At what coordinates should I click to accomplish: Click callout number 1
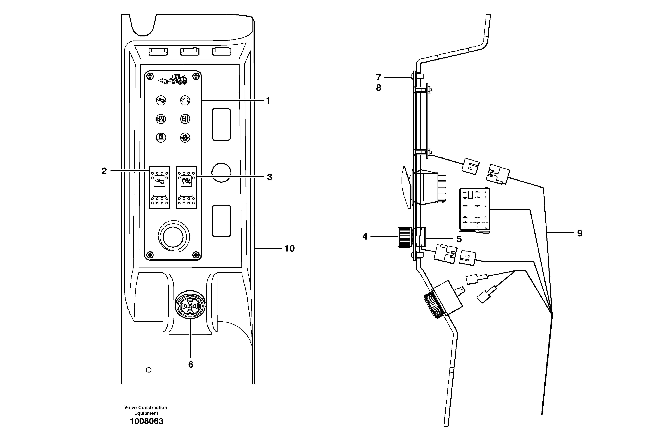[x=268, y=101]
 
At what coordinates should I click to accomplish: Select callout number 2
[x=104, y=171]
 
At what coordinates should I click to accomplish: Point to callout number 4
[x=365, y=236]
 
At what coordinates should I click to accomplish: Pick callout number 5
[x=459, y=239]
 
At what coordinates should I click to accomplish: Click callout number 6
[x=191, y=365]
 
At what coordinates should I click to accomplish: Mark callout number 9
[x=580, y=233]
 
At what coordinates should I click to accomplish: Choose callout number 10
[x=289, y=249]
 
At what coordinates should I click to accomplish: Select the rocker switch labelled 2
[x=160, y=187]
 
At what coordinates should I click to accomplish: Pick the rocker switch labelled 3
[x=186, y=187]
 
